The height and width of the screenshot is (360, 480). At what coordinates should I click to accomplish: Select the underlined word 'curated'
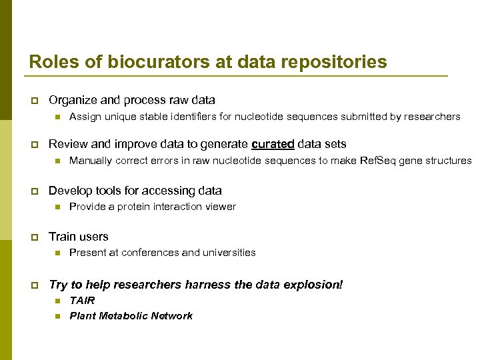coord(274,144)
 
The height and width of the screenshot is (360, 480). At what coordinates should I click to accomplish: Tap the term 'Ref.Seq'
coord(379,161)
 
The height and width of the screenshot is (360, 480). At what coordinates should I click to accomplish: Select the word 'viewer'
coord(221,207)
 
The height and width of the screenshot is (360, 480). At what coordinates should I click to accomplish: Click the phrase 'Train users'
coord(78,237)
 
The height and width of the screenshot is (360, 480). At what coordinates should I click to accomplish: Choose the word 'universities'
coord(225,253)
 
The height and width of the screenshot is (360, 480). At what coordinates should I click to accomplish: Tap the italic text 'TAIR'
coord(82,301)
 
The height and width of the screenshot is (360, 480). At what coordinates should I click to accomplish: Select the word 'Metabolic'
coord(123,316)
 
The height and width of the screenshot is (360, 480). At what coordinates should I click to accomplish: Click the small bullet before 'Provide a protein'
coord(57,207)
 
